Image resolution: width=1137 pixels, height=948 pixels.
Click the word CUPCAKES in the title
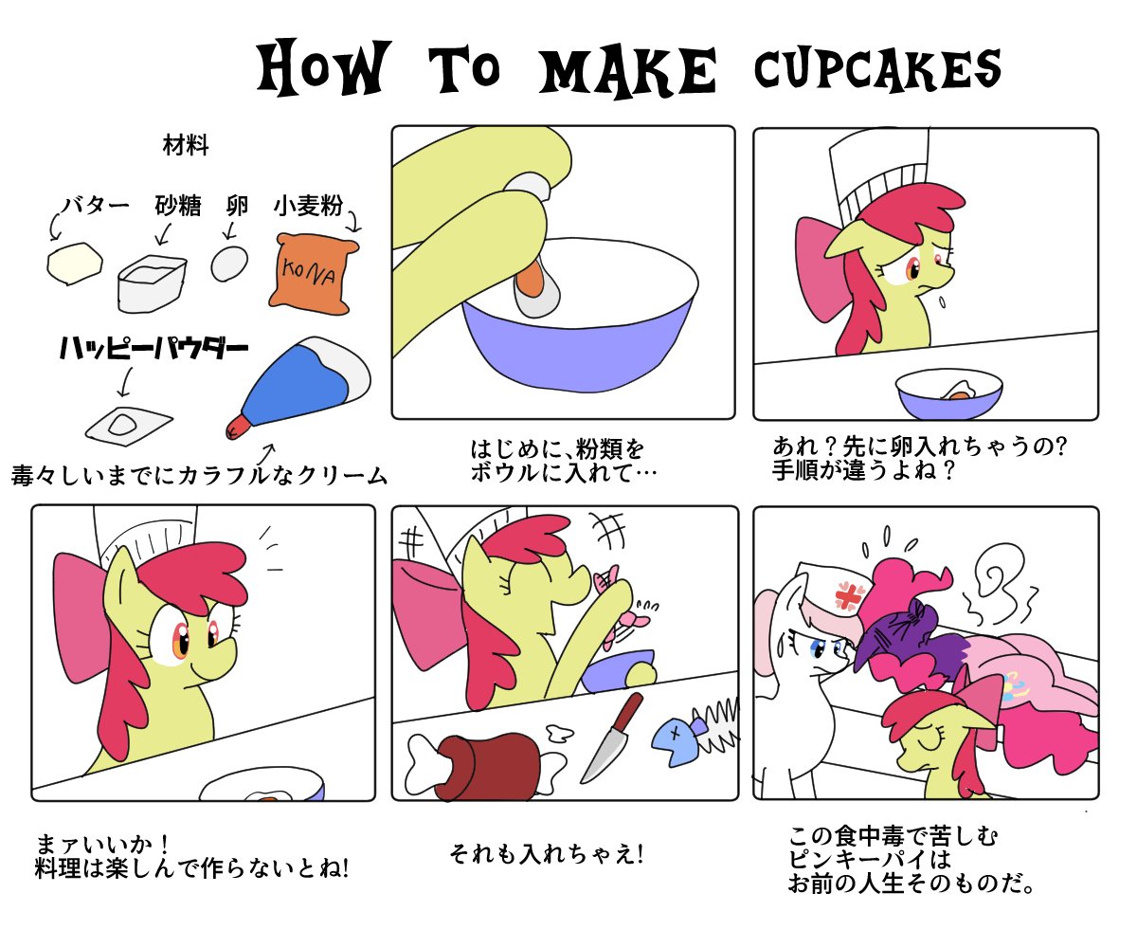click(x=877, y=69)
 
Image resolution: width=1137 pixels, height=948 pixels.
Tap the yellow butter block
click(x=75, y=264)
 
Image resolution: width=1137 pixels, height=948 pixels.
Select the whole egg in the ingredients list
click(x=229, y=264)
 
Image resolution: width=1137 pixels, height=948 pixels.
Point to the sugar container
click(x=152, y=283)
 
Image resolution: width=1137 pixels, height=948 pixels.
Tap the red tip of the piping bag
click(x=238, y=427)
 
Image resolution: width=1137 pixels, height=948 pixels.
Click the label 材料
click(x=186, y=146)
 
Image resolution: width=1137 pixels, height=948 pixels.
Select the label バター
click(x=96, y=206)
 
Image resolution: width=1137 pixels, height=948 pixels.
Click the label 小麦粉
click(x=308, y=206)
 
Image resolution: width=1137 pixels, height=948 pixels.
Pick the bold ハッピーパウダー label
click(x=154, y=348)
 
